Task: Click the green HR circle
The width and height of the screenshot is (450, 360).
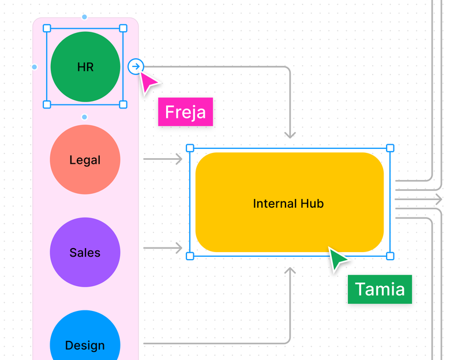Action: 85,66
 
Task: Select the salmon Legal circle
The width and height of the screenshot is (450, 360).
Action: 85,160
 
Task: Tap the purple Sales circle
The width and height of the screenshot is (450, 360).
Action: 85,252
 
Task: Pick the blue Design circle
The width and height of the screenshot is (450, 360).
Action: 85,340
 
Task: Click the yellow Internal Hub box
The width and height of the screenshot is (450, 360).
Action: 289,202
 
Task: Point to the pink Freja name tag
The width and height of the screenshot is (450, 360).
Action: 185,112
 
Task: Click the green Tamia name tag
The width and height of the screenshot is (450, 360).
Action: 380,289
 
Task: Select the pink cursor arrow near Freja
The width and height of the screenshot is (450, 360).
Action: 149,82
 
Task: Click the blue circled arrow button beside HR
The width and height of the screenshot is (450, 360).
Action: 136,67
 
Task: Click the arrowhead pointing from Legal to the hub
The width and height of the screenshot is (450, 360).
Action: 179,159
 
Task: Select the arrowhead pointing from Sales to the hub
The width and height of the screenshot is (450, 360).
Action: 179,248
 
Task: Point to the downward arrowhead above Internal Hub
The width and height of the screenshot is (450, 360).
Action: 290,136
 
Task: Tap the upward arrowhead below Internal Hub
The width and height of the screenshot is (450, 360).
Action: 290,270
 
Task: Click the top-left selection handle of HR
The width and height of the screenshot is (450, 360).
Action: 47,28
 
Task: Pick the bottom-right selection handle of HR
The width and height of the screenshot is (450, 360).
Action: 123,104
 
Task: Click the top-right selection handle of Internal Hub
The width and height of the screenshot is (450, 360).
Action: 390,148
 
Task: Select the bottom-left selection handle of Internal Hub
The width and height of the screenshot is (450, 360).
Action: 190,256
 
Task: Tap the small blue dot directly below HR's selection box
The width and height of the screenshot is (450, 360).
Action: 85,117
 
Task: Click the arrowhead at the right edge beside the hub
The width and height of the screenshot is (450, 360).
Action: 440,199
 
